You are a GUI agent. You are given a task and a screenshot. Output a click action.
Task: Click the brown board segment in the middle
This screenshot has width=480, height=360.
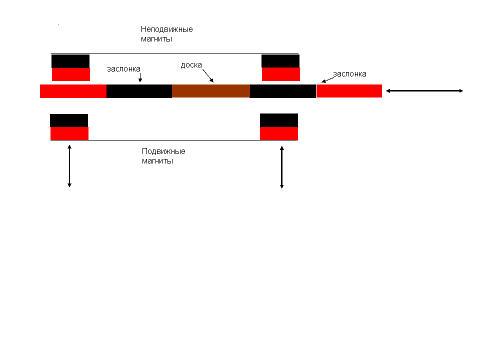(x=210, y=91)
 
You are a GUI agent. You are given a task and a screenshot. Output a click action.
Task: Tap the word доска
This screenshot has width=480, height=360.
(x=191, y=65)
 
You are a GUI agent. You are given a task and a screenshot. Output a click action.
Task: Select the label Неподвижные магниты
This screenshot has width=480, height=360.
(x=166, y=34)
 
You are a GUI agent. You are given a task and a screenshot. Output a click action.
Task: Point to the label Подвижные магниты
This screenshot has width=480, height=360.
(x=163, y=156)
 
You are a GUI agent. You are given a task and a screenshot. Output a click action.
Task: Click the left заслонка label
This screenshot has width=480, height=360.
(x=123, y=69)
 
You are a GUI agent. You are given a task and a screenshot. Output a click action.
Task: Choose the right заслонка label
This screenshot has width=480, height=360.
(x=350, y=74)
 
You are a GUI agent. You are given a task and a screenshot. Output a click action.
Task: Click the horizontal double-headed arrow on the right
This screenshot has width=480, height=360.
(x=425, y=91)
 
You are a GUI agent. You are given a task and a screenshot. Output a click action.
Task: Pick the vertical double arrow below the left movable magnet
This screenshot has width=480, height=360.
(x=69, y=166)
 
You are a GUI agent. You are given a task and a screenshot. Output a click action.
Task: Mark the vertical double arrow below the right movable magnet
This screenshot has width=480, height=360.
(x=282, y=167)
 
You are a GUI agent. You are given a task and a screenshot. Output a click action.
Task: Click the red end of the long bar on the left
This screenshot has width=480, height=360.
(x=73, y=91)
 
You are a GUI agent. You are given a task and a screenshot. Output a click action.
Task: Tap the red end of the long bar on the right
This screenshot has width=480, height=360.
(x=349, y=91)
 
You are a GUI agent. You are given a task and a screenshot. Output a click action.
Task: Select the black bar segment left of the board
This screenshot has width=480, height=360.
(x=139, y=91)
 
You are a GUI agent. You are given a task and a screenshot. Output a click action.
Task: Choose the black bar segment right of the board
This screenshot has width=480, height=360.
(x=282, y=91)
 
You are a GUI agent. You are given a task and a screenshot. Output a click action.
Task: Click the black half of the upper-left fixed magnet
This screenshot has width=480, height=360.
(x=70, y=61)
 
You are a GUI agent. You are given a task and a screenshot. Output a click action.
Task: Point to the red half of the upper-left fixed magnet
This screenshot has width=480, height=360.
(x=71, y=74)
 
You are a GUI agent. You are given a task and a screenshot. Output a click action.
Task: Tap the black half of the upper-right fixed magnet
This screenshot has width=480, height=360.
(x=280, y=61)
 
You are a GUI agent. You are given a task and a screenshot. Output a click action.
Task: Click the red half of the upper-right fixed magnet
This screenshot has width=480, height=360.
(x=281, y=74)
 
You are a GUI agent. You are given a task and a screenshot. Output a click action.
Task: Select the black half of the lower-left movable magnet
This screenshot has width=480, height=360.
(x=69, y=120)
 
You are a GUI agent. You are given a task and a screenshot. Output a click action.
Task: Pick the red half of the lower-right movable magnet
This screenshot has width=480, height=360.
(x=279, y=133)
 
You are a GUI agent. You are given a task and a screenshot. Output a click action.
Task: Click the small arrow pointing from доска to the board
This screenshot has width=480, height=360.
(x=207, y=75)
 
